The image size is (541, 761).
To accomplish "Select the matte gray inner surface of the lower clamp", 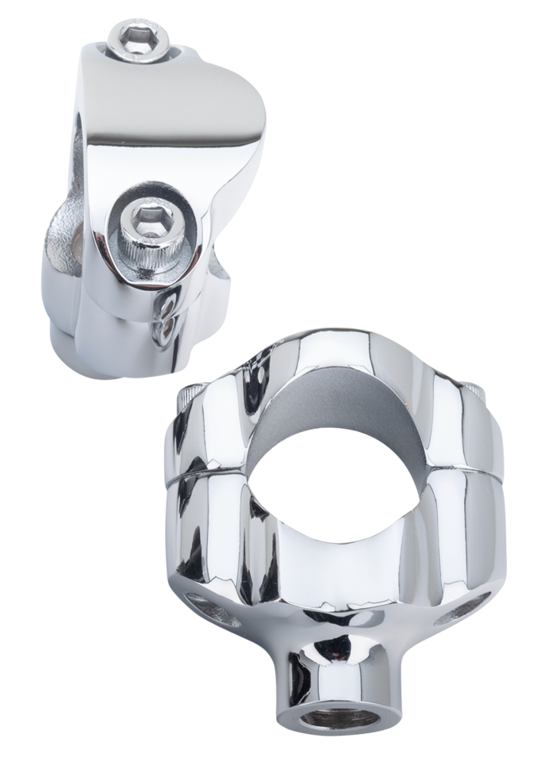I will pos(317,412).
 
